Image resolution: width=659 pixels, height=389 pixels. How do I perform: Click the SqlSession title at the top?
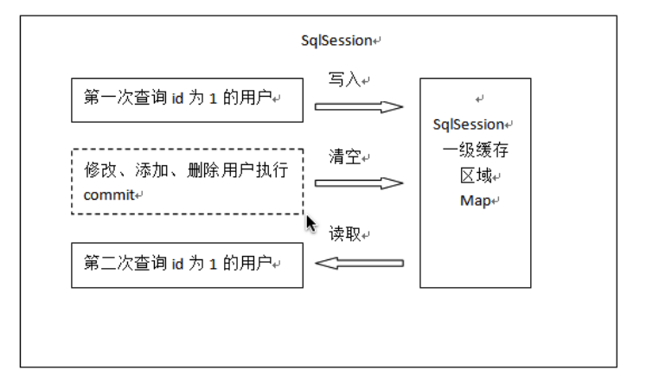(x=336, y=41)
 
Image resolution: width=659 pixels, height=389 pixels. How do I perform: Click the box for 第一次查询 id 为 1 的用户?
(x=187, y=100)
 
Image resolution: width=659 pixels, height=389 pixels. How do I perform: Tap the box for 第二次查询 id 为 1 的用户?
(x=187, y=264)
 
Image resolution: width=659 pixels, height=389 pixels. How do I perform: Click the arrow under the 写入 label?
(x=359, y=107)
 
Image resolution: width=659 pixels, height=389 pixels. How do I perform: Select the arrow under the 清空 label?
(x=359, y=183)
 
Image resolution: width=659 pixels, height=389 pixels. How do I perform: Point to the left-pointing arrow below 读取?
(x=359, y=263)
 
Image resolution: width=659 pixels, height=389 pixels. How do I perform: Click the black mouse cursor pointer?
(x=312, y=224)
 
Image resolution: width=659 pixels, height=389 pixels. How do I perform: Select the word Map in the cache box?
(x=473, y=201)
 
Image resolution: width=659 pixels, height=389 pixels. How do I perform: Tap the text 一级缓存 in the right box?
(x=475, y=150)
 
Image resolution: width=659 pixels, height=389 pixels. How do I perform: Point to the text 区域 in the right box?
(x=475, y=175)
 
